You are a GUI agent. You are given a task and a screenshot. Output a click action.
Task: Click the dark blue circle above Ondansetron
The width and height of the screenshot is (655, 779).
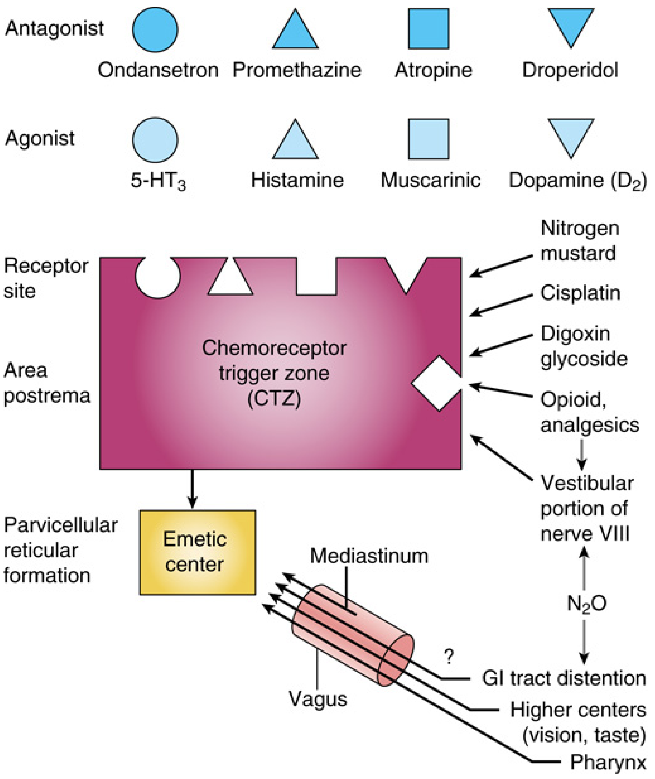point(155,29)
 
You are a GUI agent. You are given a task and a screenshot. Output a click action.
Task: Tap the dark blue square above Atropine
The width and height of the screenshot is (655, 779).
point(429,29)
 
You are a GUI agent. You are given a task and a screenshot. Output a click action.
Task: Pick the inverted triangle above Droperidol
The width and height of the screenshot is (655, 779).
point(571,27)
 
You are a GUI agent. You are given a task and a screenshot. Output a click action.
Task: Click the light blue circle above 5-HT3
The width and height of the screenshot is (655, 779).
point(155,140)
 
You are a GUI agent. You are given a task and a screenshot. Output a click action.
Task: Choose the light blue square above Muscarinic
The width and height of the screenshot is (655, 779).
point(429,139)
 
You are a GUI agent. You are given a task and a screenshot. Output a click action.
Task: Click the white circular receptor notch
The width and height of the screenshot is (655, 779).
point(158,277)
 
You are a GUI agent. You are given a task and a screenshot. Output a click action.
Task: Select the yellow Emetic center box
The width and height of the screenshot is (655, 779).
point(197,552)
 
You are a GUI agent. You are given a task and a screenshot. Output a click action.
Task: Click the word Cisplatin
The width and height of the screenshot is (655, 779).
point(580,293)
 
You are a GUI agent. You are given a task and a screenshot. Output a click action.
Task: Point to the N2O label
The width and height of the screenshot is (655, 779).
point(587,604)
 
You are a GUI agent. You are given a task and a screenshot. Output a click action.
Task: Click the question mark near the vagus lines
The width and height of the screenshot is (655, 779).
point(449,657)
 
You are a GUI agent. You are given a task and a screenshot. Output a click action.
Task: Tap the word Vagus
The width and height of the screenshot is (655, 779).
point(318,699)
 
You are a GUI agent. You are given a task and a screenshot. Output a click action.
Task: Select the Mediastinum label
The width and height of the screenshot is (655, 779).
point(369,556)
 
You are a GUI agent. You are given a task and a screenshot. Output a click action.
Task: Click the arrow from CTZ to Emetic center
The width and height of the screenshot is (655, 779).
point(192,489)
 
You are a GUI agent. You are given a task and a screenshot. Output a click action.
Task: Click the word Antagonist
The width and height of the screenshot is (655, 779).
point(54,29)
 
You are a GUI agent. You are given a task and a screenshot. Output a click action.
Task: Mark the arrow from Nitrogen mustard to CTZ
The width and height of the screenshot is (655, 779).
point(501,266)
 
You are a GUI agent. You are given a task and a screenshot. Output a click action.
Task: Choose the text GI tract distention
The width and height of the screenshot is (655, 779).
point(564,678)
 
